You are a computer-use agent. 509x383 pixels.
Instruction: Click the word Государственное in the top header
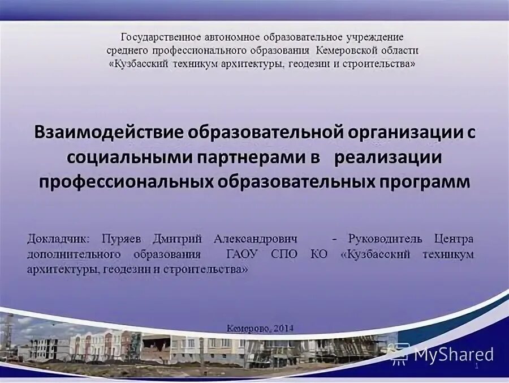tap(161, 37)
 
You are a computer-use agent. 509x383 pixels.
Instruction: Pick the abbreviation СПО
tap(284, 254)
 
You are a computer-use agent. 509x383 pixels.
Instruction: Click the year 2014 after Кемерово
tap(283, 328)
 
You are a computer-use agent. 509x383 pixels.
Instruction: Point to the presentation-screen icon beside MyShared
tap(399, 354)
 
